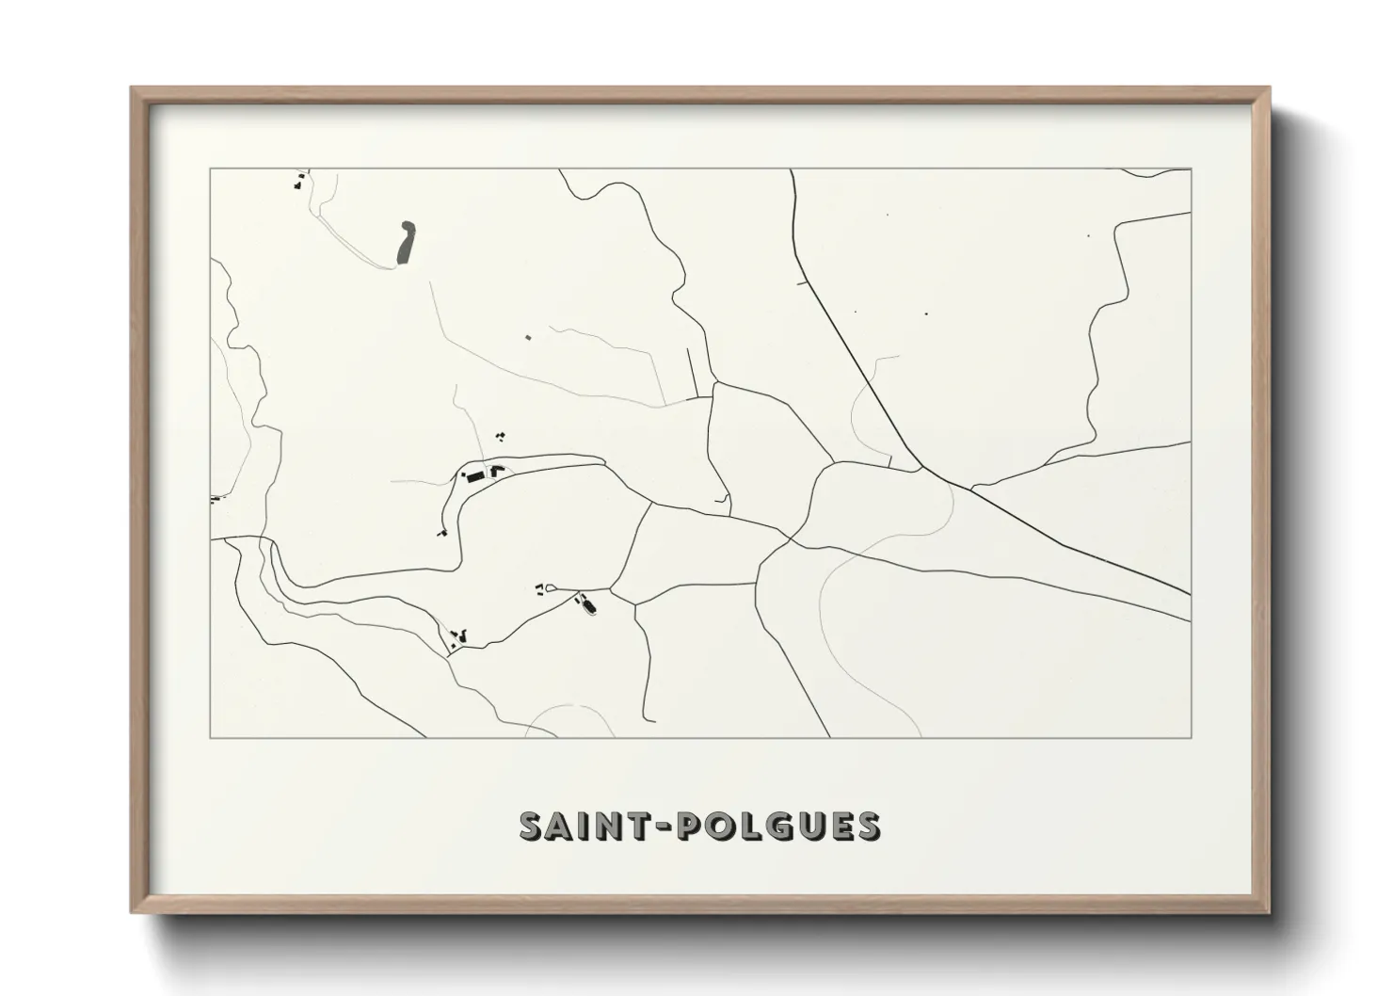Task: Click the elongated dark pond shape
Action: tap(406, 242)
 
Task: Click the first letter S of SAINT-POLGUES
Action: tap(534, 825)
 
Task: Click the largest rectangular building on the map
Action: tap(475, 477)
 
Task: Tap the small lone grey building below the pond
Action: tap(528, 337)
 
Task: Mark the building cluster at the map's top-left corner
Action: tap(299, 179)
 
